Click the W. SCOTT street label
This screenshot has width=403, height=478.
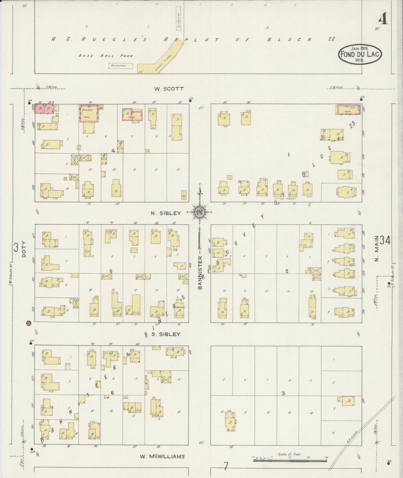169,89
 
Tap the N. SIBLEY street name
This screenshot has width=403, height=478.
166,213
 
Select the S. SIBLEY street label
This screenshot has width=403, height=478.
166,334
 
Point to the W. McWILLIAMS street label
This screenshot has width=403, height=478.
162,456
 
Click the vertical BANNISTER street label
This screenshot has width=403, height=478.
200,273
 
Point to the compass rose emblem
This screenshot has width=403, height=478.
200,212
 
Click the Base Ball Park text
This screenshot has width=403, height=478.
107,56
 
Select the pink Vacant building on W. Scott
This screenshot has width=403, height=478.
89,114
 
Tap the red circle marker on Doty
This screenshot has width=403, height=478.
28,323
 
